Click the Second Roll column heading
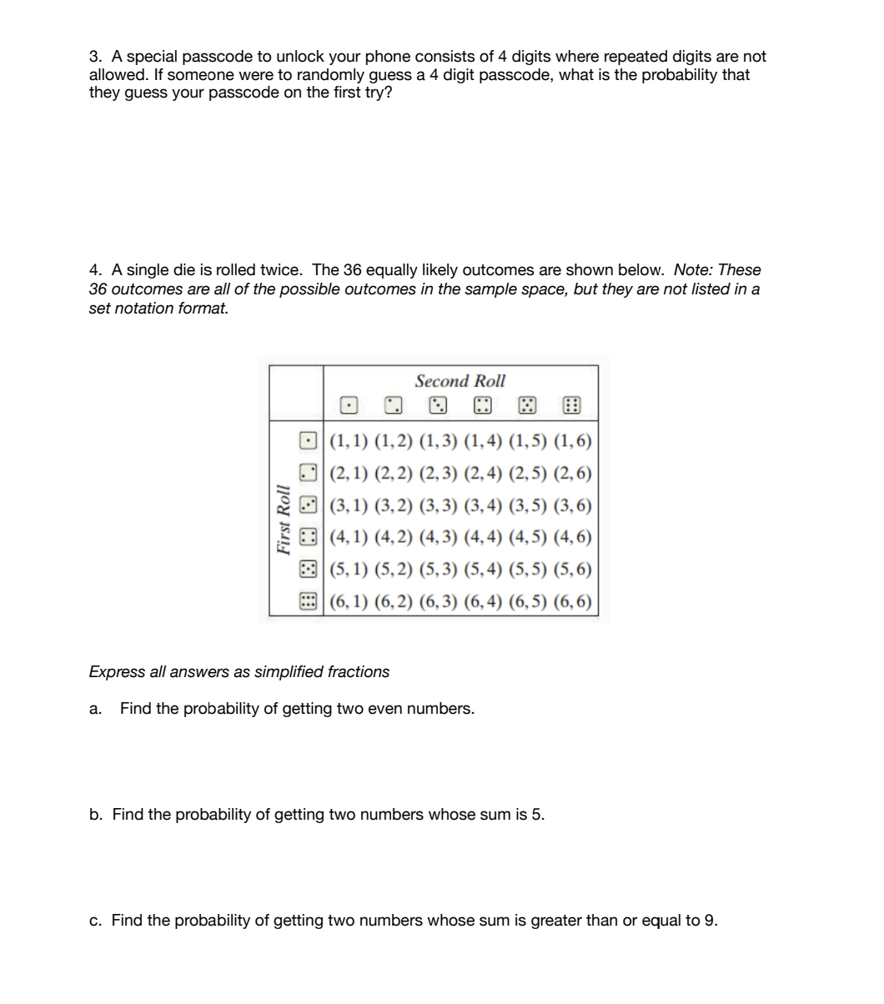[460, 381]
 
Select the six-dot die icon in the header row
[571, 407]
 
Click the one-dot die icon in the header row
[349, 407]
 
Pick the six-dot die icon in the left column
[309, 601]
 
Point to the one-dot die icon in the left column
[309, 439]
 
